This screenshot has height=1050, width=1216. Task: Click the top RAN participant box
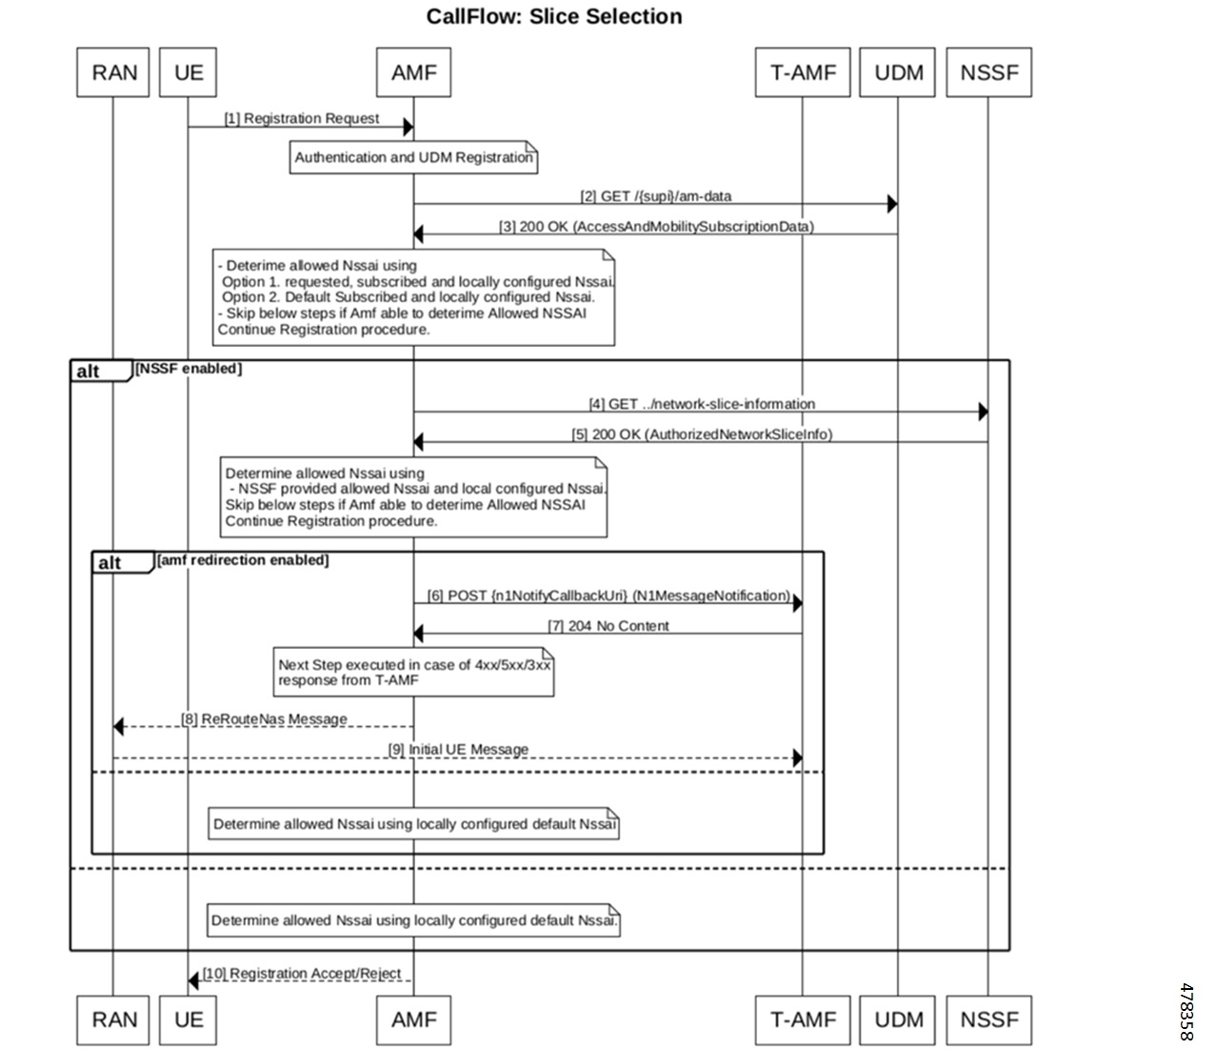click(x=113, y=72)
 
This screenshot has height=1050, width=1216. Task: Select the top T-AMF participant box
click(x=802, y=72)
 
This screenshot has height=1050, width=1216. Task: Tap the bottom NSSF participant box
click(x=988, y=1020)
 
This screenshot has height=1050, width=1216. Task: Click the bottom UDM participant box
click(x=898, y=1020)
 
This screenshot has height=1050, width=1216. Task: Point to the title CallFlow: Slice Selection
click(x=553, y=17)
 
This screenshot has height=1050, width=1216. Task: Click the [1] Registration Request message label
click(x=302, y=119)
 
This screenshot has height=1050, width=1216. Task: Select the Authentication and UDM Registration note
click(x=413, y=157)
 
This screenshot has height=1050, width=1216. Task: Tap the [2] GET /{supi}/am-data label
click(x=656, y=196)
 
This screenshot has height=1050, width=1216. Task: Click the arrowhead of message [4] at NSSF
click(x=983, y=412)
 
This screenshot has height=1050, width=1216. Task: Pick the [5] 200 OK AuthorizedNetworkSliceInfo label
click(x=702, y=434)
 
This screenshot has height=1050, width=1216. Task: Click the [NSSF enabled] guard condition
click(x=189, y=369)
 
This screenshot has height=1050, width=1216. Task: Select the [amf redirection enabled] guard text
click(x=243, y=560)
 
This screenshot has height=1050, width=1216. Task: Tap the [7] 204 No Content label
click(x=608, y=626)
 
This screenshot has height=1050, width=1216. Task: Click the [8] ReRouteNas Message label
click(x=264, y=719)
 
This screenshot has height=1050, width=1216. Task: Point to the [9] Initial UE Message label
click(x=458, y=750)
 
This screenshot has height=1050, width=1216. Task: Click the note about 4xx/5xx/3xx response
click(x=413, y=673)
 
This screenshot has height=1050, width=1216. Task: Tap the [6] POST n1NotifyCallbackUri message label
click(x=608, y=596)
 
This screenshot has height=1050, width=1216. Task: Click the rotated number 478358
click(x=1186, y=1011)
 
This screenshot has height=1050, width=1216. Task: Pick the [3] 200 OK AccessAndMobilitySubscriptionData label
click(x=656, y=227)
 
